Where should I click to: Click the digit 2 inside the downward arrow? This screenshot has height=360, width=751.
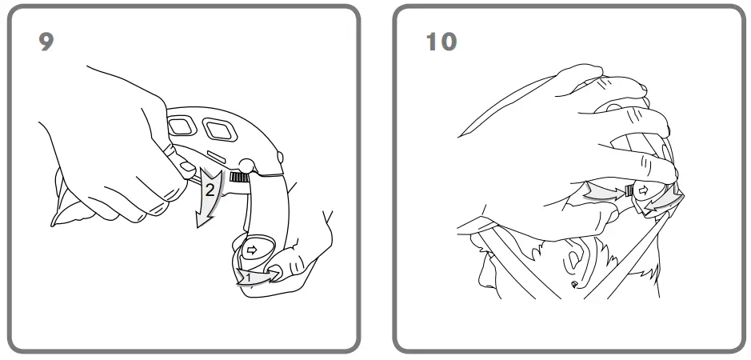click(x=209, y=190)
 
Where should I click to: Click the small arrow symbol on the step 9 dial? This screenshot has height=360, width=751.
click(x=251, y=250)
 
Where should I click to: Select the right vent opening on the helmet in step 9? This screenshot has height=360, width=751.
click(x=217, y=128)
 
